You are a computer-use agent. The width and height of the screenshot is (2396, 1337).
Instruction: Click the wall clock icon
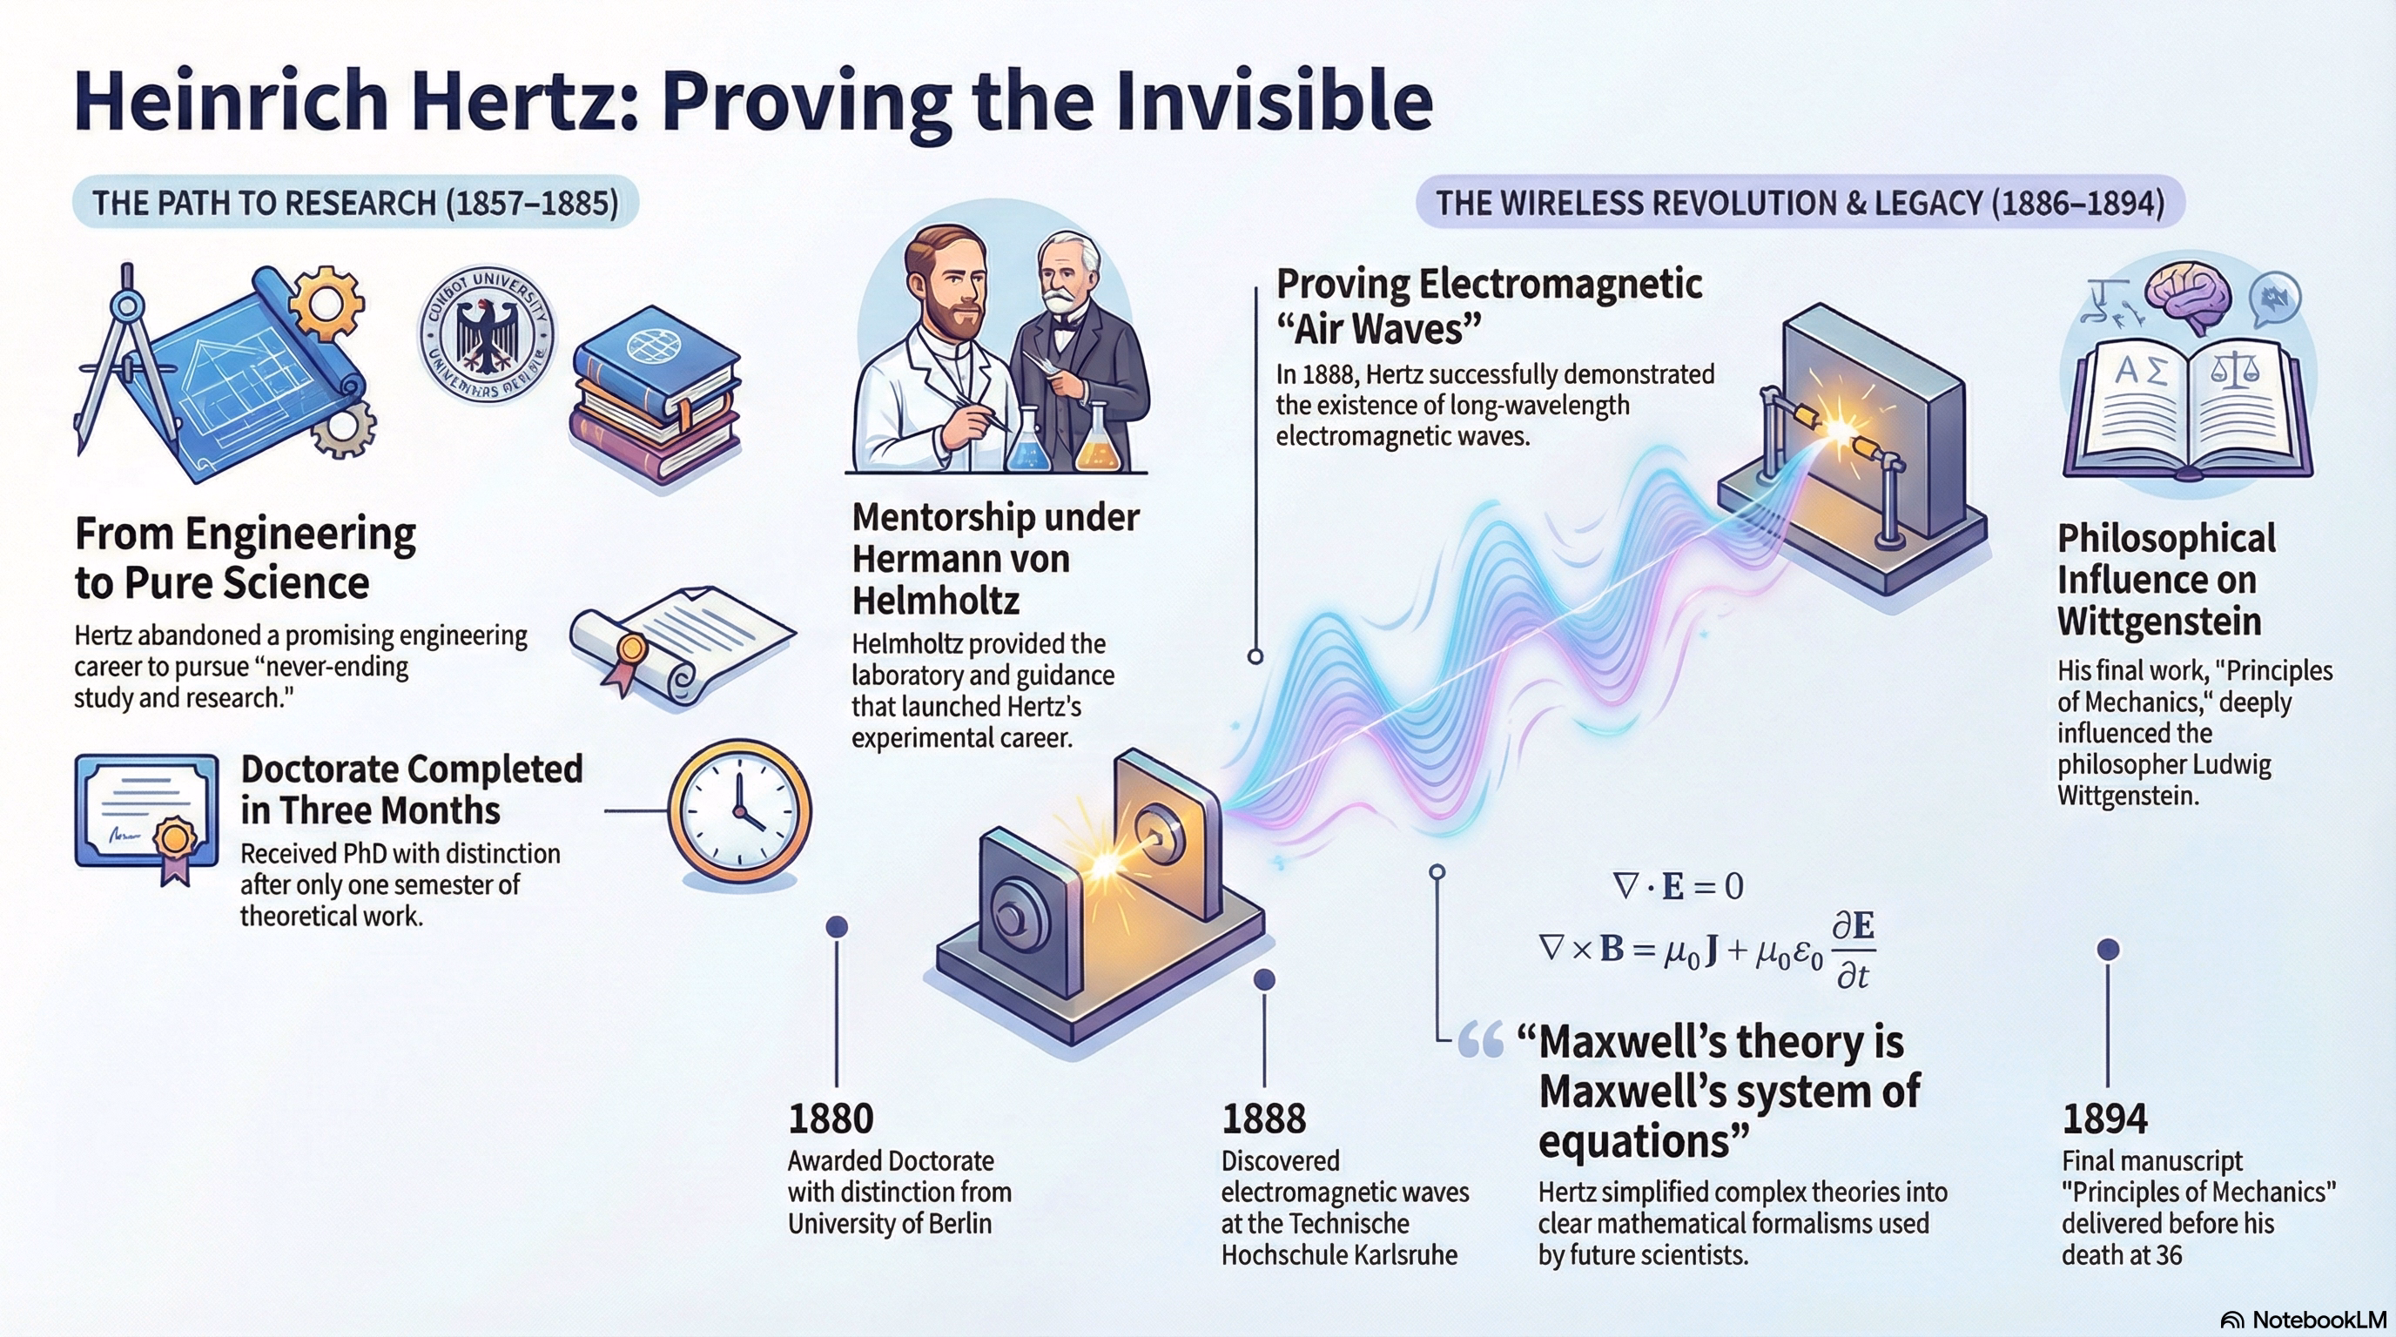point(739,810)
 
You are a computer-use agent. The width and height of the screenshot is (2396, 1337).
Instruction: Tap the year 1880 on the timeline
point(831,1119)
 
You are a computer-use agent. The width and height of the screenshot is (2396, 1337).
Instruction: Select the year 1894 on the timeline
point(2105,1119)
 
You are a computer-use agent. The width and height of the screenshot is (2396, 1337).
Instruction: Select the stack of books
point(656,401)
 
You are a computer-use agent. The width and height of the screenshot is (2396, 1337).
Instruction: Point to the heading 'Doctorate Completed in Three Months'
point(411,789)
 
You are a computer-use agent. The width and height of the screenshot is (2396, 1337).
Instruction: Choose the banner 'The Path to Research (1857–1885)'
point(355,203)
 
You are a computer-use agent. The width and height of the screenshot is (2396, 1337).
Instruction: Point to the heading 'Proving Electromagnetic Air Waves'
point(1489,306)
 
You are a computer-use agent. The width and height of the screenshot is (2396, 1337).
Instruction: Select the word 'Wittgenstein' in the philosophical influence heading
point(2159,621)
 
